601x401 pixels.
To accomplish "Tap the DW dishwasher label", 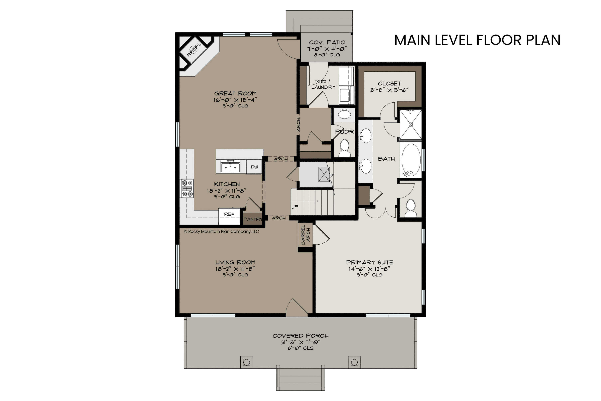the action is coord(254,167).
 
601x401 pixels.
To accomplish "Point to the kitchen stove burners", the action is coord(187,188).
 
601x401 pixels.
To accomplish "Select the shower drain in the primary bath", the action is coord(411,125).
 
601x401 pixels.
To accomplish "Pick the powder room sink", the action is coord(344,114).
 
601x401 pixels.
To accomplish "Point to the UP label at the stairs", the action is coord(295,207).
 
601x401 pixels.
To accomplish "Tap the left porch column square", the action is coord(247,362).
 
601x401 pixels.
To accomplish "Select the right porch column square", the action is coord(354,362).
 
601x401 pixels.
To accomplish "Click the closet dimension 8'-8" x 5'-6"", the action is coord(389,90).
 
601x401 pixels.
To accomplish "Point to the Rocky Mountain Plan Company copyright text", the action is coord(221,231).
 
